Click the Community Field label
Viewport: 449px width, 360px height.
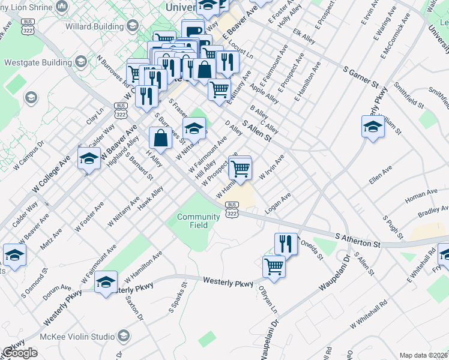[199, 221]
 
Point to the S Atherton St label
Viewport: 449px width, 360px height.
[358, 241]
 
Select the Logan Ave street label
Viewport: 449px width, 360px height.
[278, 203]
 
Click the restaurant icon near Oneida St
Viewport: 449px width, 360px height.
[286, 244]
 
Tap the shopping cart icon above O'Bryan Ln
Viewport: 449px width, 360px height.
[274, 266]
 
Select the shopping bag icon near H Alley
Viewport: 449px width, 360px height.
[160, 139]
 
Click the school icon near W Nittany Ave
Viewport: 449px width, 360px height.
[194, 128]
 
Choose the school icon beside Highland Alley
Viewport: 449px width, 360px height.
[89, 159]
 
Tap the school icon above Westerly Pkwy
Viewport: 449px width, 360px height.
[106, 283]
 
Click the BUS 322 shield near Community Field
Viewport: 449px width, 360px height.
[232, 209]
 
